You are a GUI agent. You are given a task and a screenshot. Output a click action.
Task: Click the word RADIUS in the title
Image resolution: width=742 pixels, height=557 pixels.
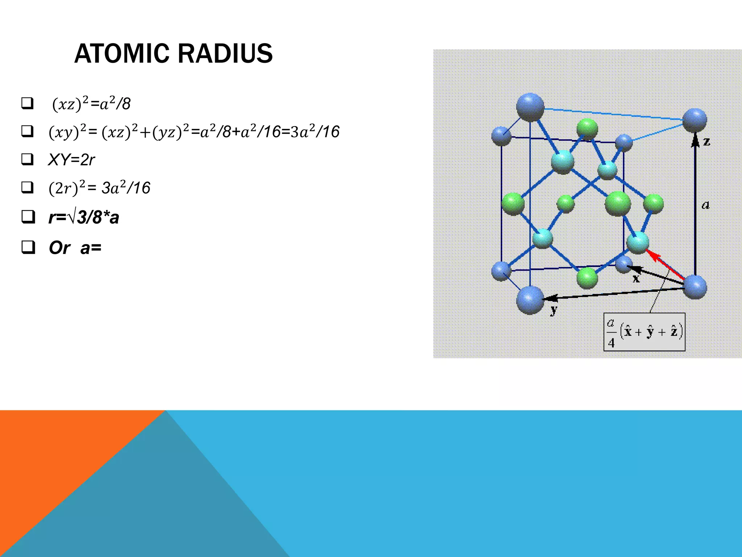(225, 54)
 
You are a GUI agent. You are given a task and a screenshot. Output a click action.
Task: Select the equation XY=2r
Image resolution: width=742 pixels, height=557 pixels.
(71, 160)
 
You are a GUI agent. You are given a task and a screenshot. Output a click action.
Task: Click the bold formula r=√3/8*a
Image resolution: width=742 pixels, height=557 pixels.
(84, 218)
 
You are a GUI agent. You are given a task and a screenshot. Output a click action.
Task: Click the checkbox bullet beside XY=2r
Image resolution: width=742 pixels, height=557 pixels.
(28, 159)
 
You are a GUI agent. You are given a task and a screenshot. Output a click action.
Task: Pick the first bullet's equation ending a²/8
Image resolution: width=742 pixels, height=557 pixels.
(91, 104)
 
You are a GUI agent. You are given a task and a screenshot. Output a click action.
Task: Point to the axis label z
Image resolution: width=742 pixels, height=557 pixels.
(706, 141)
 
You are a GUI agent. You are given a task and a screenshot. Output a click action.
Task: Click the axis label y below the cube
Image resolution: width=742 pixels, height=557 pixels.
(554, 310)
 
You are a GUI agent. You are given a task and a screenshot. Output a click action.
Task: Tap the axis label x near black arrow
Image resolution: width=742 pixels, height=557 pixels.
(636, 278)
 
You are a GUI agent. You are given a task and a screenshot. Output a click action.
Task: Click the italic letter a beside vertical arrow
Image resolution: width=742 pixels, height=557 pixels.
(705, 205)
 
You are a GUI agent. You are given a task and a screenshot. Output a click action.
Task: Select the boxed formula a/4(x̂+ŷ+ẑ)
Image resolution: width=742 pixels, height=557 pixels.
(644, 332)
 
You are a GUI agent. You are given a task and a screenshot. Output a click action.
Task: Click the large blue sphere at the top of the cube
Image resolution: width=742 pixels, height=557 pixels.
(530, 107)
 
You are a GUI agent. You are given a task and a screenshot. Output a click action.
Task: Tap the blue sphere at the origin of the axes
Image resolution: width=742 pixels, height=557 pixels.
(695, 287)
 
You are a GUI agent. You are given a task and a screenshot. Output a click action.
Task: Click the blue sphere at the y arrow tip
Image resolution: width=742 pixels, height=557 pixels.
(530, 300)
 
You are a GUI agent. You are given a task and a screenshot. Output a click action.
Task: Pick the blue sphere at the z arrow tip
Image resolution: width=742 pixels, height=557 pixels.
(695, 120)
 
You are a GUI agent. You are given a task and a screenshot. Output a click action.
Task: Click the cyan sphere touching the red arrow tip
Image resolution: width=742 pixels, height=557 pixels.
(637, 243)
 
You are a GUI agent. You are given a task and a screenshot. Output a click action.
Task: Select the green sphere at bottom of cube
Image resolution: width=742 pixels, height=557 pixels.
(587, 278)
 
